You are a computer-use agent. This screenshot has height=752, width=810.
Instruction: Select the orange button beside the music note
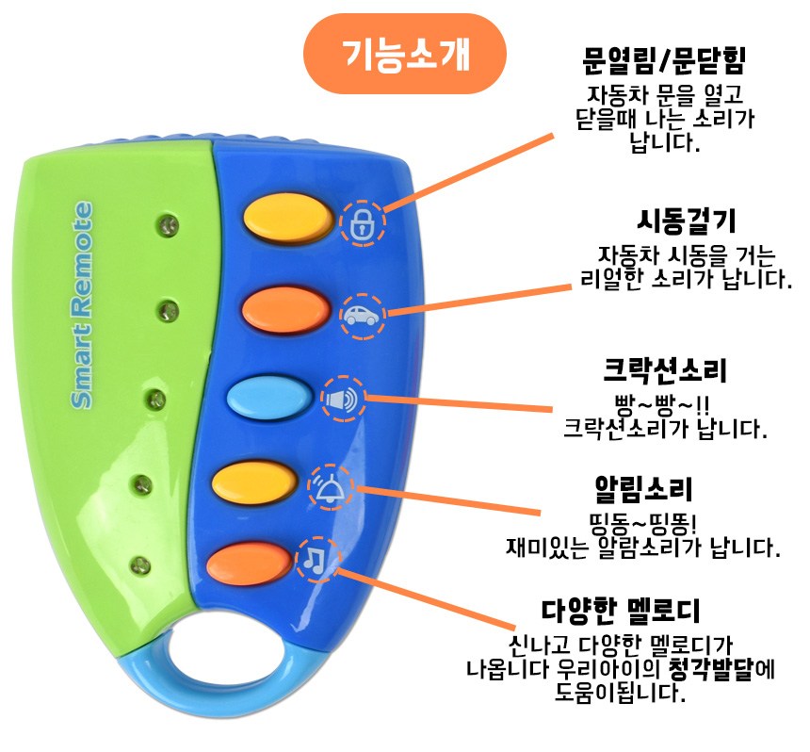pyautogui.click(x=248, y=563)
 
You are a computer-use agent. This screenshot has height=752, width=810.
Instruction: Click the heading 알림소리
pyautogui.click(x=644, y=489)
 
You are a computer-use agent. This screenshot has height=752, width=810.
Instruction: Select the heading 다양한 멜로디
pyautogui.click(x=620, y=611)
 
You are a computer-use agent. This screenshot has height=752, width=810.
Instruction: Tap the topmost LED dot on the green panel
pyautogui.click(x=169, y=223)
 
